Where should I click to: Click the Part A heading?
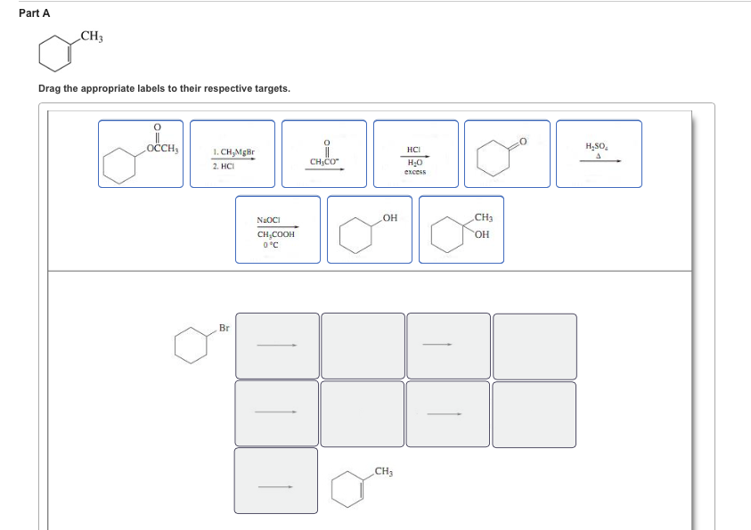pos(35,13)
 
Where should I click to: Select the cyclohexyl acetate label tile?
pos(141,154)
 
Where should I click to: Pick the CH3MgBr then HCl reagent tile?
pos(233,154)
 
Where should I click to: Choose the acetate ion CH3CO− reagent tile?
pos(324,154)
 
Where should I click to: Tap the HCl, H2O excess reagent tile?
pos(416,154)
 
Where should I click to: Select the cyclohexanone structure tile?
pos(507,154)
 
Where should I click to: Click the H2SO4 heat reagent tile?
pos(600,154)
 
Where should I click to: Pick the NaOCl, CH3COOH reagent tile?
pos(278,229)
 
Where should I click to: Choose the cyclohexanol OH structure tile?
pos(370,229)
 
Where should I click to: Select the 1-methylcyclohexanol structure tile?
pos(461,229)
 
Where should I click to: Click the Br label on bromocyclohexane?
pos(224,328)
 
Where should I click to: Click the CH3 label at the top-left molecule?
pos(92,37)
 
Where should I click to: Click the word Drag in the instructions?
pos(49,88)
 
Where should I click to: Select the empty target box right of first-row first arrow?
pos(363,347)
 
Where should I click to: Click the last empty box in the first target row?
pos(535,347)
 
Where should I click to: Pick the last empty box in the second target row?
pos(534,414)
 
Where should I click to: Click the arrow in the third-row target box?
pos(275,487)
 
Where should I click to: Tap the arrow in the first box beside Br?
pos(277,345)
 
